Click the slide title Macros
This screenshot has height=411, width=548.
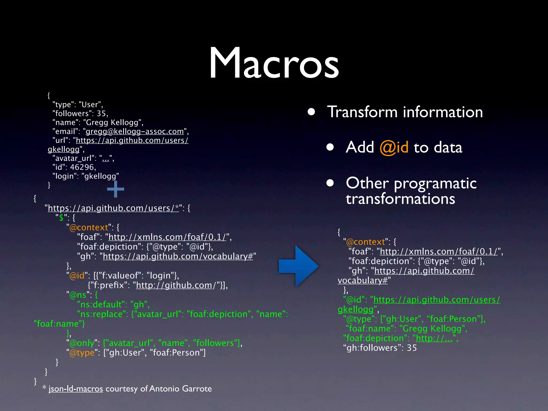point(274,63)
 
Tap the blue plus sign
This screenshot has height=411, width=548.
point(115,189)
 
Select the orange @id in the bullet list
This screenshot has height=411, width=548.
point(394,147)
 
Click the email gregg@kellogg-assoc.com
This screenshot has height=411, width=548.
point(135,131)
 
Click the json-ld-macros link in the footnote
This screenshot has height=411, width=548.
point(76,389)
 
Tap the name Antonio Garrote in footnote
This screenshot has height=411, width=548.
point(181,389)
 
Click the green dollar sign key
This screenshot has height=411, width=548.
point(61,218)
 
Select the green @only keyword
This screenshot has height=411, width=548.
point(82,343)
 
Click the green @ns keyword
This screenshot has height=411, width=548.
point(78,295)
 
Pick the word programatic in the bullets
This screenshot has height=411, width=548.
point(435,184)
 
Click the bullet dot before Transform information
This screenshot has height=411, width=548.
point(311,112)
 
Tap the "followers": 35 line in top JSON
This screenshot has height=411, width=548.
point(80,113)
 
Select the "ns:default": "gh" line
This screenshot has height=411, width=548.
point(113,305)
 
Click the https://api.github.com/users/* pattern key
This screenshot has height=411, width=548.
point(113,208)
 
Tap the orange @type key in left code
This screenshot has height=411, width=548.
point(82,353)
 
